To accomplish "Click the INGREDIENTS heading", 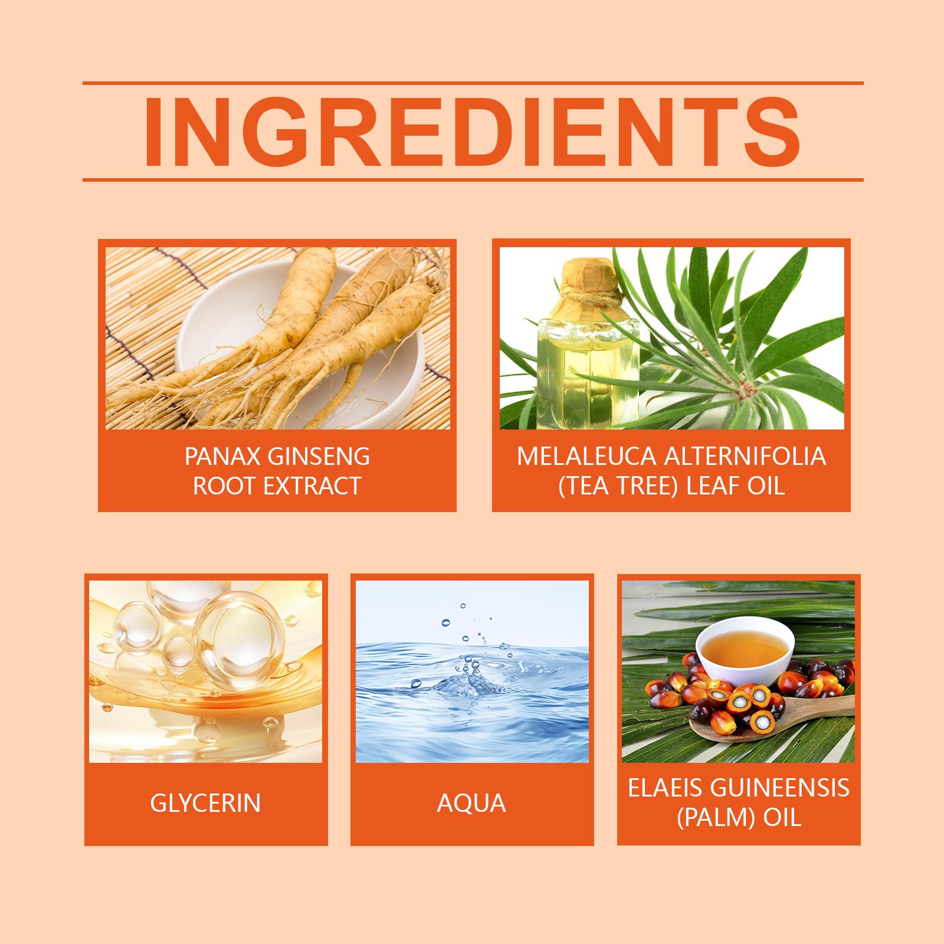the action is (472, 132).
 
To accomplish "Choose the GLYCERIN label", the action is (205, 803).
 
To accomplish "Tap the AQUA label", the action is (471, 803).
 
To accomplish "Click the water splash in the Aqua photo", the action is (466, 678).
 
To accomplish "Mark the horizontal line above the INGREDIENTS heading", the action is (473, 83).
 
